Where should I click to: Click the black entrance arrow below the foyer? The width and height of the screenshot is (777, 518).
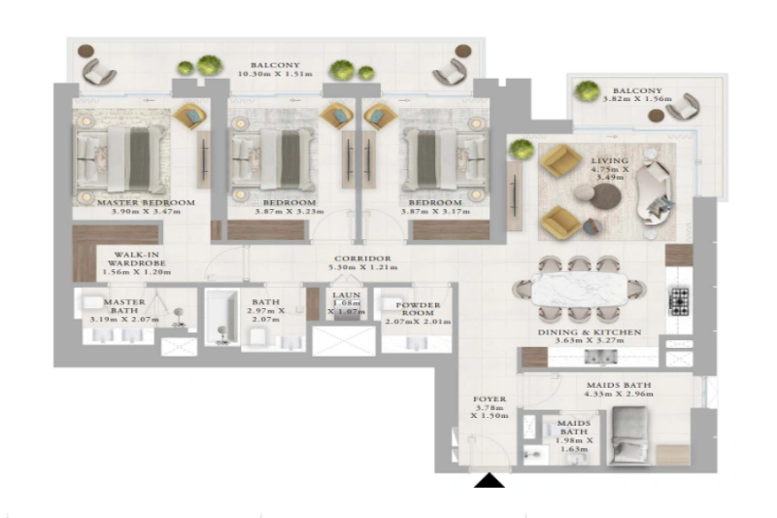[490, 479]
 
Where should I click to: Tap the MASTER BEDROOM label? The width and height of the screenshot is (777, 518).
[147, 203]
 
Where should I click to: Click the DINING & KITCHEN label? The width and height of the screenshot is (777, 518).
[590, 331]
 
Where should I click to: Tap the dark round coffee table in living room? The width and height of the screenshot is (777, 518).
[607, 196]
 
